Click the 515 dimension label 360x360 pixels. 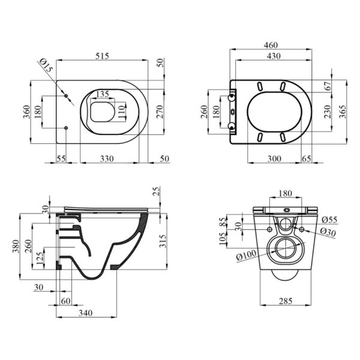(102, 56)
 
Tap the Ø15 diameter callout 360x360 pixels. (46, 65)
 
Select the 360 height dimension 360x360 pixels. (27, 112)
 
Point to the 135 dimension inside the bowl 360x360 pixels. (102, 94)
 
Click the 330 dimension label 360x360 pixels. (107, 158)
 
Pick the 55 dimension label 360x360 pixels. (61, 158)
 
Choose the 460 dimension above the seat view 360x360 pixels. (271, 45)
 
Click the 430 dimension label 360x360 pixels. (274, 56)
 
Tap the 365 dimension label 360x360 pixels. (343, 112)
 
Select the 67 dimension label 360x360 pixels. (329, 86)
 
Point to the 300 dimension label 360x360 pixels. (274, 158)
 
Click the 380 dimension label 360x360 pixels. (16, 247)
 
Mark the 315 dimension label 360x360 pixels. (163, 241)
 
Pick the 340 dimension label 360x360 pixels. (86, 313)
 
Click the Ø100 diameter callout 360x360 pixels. (246, 255)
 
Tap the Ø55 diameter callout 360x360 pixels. (329, 220)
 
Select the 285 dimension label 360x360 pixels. (286, 301)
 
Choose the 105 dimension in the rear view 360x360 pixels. (223, 239)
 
